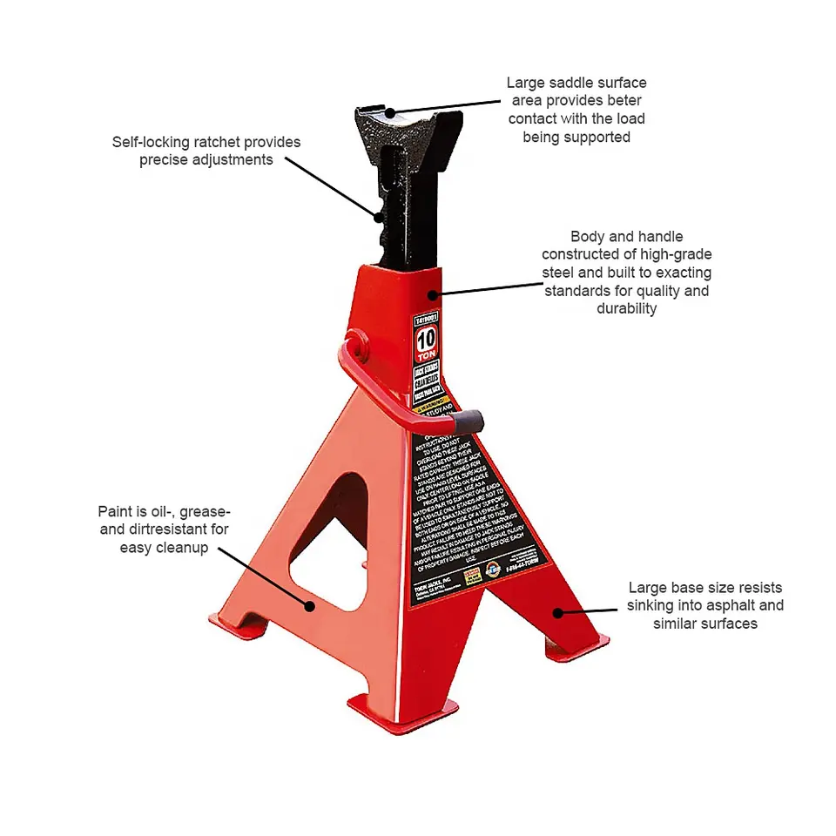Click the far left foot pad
click(230, 624)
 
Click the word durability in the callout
click(626, 309)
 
